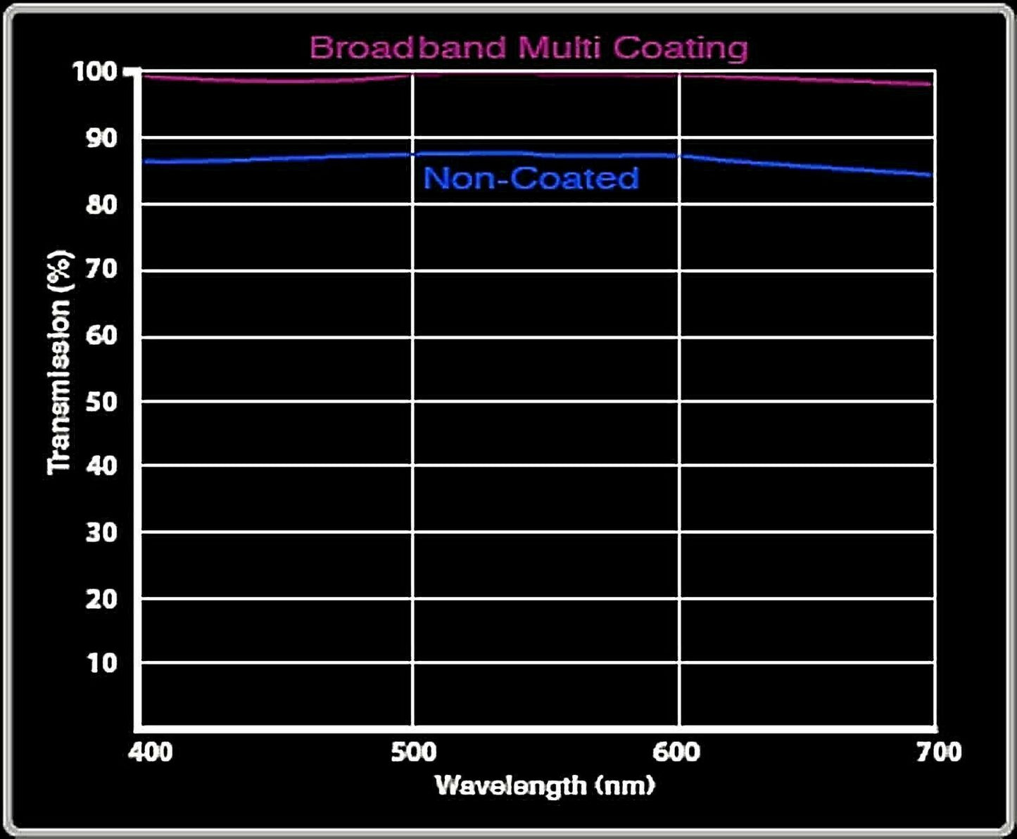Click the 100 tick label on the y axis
tap(95, 71)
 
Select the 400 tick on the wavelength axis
tap(150, 752)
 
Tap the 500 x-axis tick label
tap(414, 752)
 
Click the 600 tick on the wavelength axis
tap(676, 752)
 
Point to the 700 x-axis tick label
tap(939, 752)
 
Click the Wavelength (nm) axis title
tap(545, 785)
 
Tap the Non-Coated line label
tap(531, 178)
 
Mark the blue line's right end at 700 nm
tap(930, 175)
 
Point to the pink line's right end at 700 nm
tap(930, 84)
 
